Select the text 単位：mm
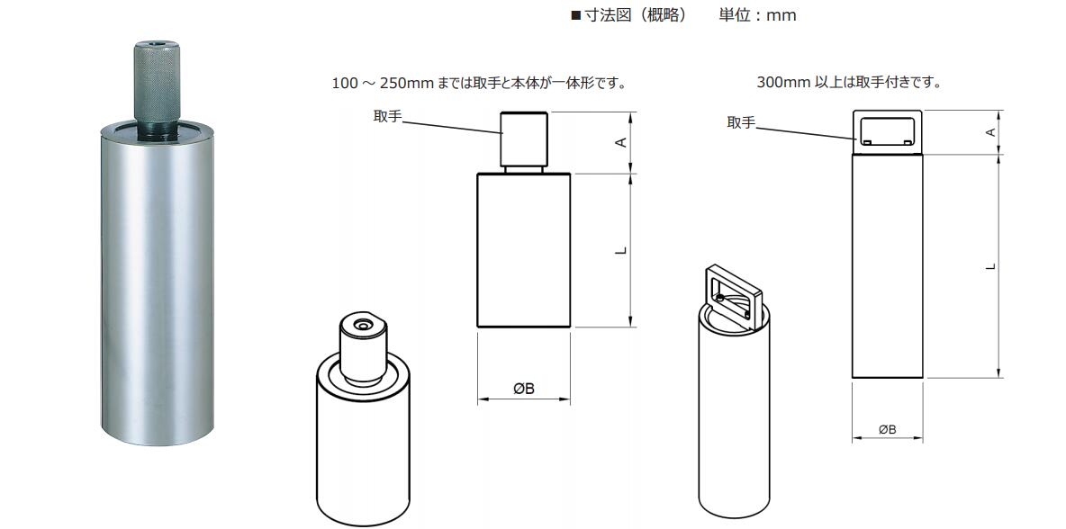click(758, 15)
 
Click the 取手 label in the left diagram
click(387, 117)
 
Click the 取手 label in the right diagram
click(741, 122)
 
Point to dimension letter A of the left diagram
click(620, 141)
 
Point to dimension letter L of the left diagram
click(620, 250)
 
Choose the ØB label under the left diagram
click(523, 389)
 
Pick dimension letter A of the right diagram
click(991, 131)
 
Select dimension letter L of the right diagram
click(991, 265)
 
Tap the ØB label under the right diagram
click(887, 429)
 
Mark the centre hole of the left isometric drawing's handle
click(362, 327)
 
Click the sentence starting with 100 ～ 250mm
click(479, 84)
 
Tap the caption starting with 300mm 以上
click(849, 84)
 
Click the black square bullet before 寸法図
click(576, 15)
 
